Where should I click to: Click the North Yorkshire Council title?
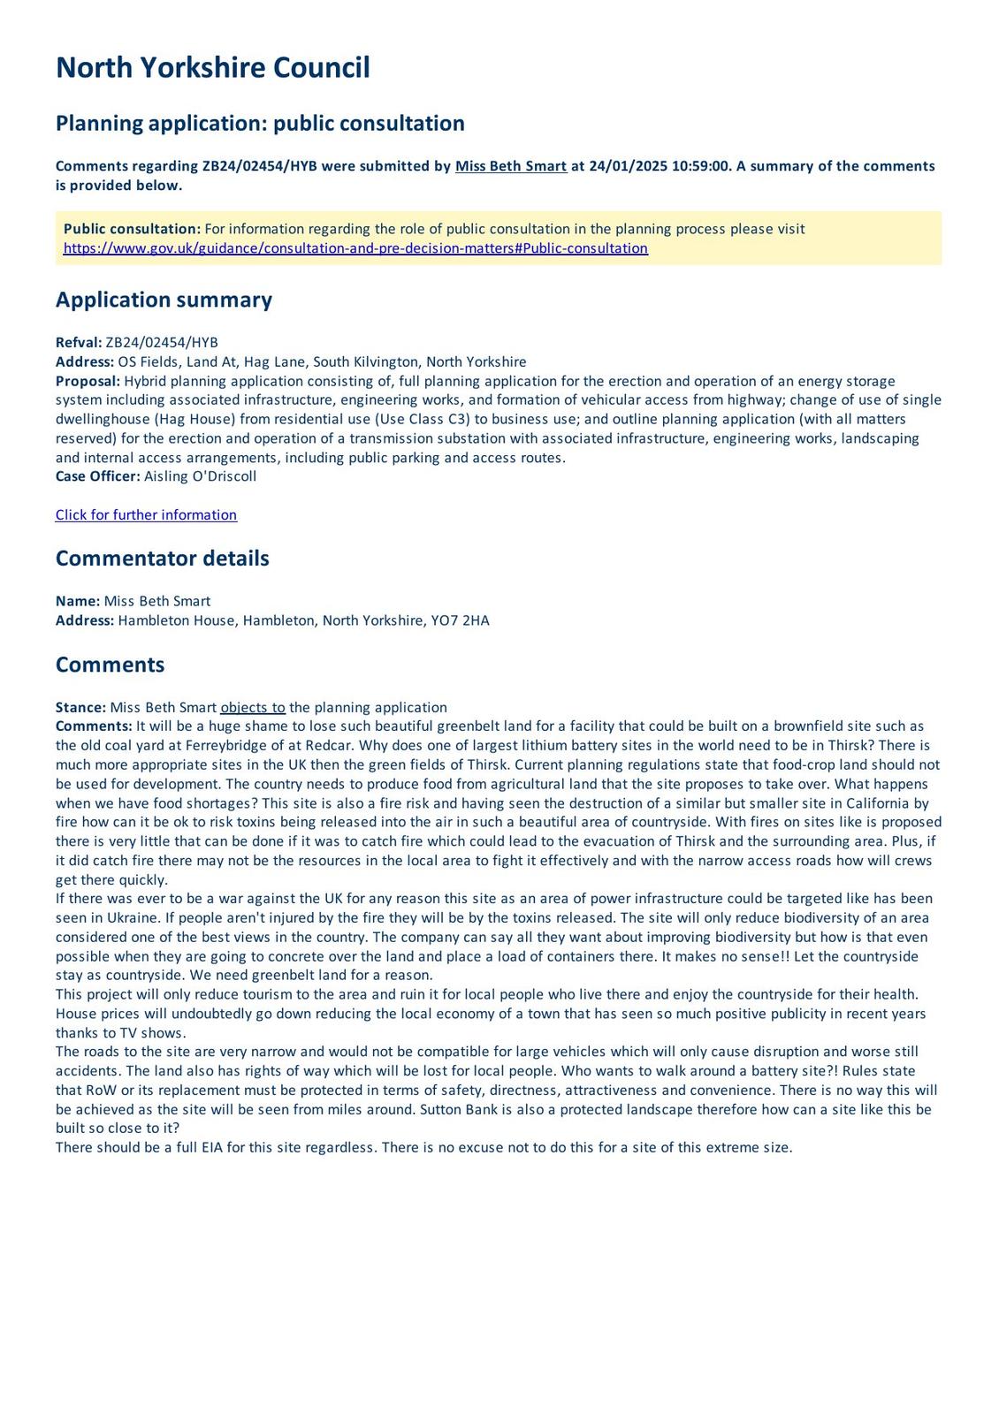(212, 68)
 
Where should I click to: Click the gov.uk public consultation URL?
(355, 248)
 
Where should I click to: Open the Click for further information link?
(146, 515)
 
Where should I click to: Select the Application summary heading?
(164, 300)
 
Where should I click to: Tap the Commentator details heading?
(162, 559)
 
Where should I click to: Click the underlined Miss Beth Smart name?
(511, 166)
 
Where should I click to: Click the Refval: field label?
(79, 343)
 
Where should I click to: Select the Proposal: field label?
(88, 381)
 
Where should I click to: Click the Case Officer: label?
(97, 476)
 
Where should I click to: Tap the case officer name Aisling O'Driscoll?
(200, 476)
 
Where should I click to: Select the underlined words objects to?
(253, 707)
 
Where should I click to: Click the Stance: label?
(80, 707)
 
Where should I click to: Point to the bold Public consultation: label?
(132, 229)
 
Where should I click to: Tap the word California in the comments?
(876, 803)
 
